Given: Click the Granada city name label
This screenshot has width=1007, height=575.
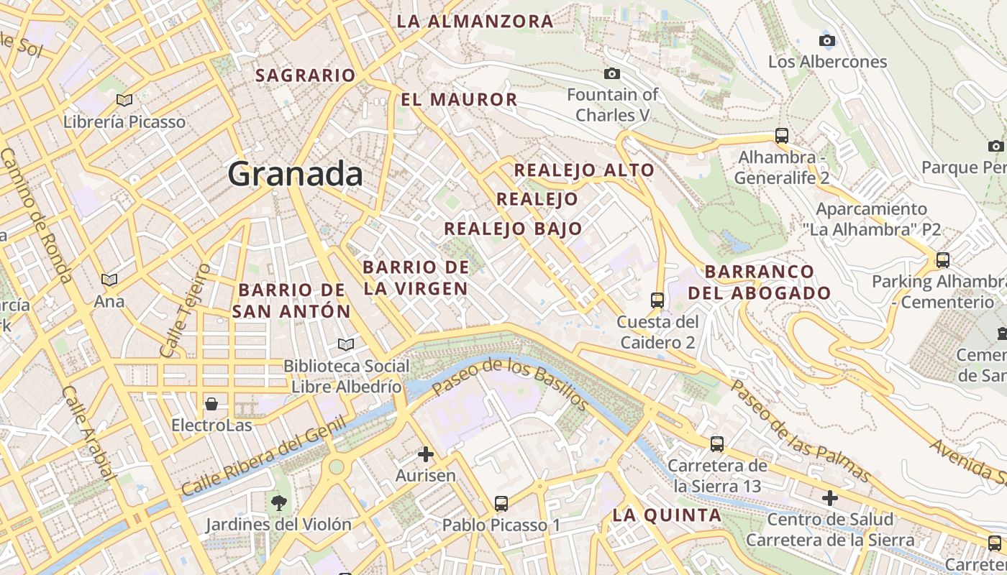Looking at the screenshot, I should pos(296,175).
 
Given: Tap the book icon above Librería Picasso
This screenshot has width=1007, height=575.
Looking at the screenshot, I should pos(124,101).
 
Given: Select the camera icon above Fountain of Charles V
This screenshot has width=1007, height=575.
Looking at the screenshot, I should pos(612,73).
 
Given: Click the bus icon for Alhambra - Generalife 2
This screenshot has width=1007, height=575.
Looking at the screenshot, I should pos(782,135).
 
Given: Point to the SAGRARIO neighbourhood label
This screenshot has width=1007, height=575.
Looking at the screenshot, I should pos(306,75).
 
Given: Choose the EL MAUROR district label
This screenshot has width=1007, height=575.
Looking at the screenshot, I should pos(459,100).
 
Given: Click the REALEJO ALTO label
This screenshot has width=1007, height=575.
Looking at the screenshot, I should pos(584,170).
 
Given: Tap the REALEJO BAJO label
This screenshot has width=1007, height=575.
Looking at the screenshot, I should pos(513,229).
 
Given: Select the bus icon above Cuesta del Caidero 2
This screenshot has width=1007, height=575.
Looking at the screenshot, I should pos(657,300).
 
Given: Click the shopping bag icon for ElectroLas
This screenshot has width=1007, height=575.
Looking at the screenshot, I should pos(211,403).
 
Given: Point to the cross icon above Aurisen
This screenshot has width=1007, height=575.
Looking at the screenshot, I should pos(426,454).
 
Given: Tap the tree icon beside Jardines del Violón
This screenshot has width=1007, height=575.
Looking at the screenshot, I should pos(278,503).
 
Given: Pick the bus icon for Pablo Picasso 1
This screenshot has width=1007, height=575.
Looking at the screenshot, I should pos(501,504).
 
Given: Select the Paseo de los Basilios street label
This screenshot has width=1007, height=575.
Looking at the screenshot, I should pos(510,387).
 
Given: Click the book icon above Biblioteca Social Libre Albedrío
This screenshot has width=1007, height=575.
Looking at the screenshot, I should pos(346,344).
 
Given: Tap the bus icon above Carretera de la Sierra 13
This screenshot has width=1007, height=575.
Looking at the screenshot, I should pos(717,444).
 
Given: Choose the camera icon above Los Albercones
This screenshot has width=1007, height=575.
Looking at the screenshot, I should pos(827,40).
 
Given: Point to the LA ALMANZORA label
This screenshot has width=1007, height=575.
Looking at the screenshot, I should pos(475,22).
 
